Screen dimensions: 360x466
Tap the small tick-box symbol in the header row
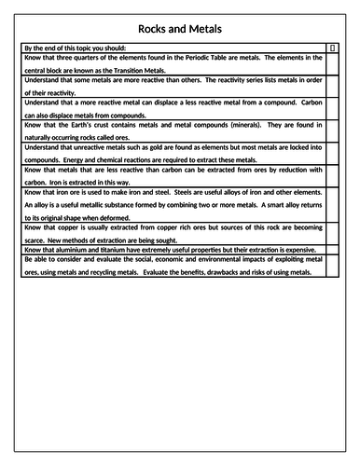333,47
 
